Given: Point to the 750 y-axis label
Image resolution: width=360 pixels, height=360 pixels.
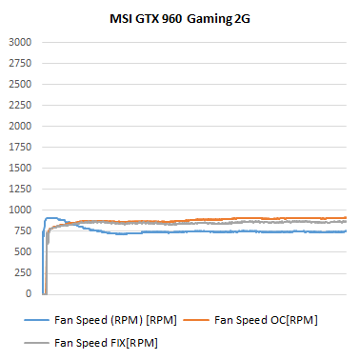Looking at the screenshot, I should coord(23,230).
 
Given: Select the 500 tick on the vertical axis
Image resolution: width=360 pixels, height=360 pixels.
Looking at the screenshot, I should coord(23,251).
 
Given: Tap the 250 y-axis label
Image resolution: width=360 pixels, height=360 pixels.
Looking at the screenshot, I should coord(23,272).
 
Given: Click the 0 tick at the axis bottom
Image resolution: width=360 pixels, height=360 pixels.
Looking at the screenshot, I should coord(29,293).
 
